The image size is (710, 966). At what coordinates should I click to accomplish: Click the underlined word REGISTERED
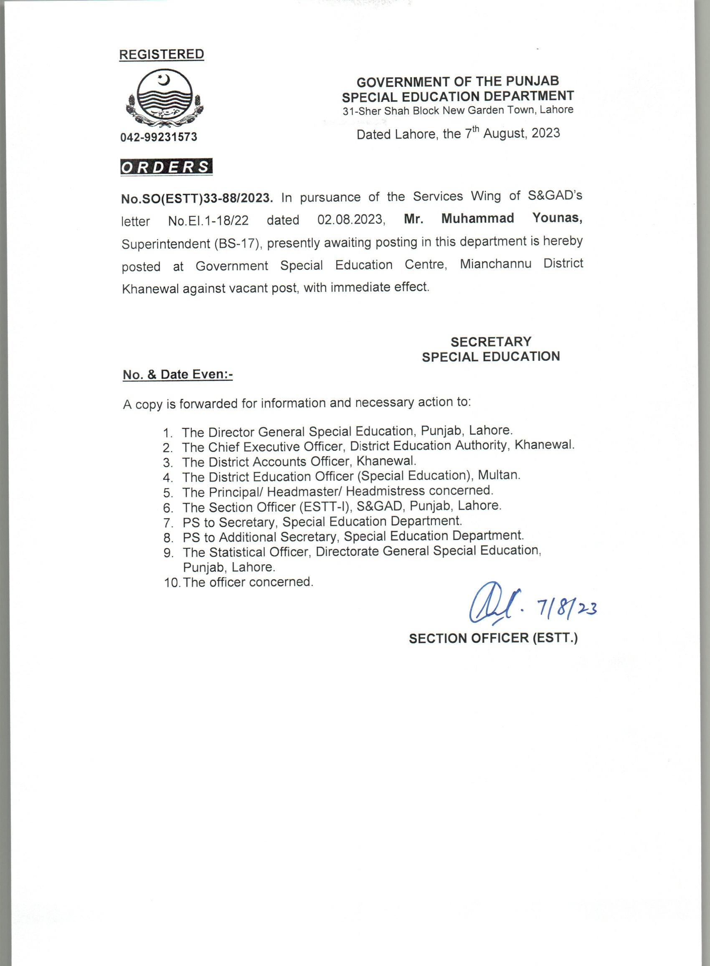click(161, 55)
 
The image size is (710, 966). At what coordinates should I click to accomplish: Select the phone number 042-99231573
click(159, 137)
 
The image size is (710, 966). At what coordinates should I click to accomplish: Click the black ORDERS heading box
click(166, 167)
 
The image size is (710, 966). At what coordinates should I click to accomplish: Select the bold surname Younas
click(558, 218)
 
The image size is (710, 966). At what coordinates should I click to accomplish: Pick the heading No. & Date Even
click(177, 375)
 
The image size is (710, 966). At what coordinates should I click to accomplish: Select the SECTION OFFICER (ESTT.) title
click(493, 638)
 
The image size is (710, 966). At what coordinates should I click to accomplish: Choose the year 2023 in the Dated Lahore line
click(545, 133)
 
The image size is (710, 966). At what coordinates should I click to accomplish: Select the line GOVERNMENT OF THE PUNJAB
click(458, 81)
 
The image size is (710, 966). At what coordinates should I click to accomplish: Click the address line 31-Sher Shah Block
click(458, 110)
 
